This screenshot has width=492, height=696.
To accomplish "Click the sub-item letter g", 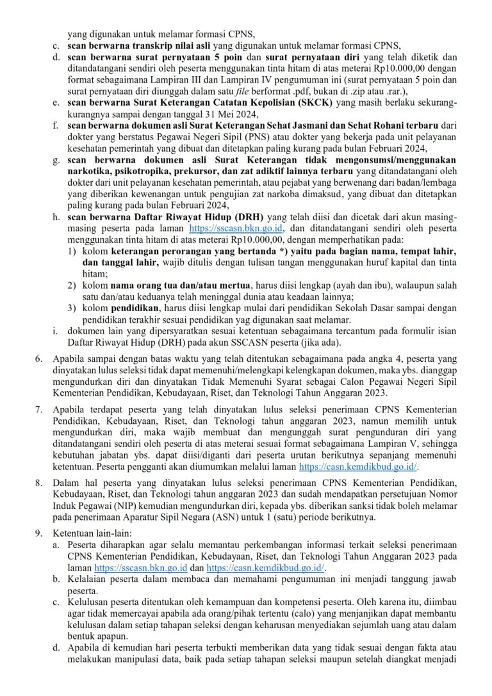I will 56,159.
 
